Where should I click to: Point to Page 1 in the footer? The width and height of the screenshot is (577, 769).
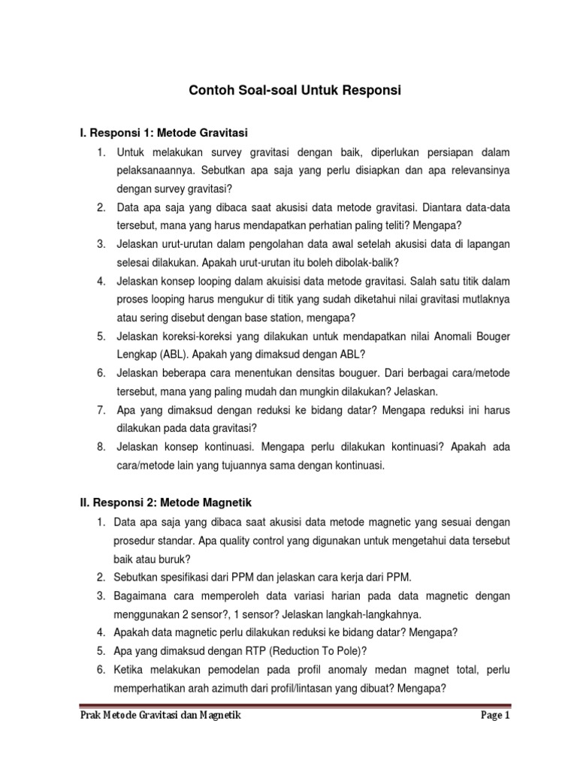click(x=495, y=716)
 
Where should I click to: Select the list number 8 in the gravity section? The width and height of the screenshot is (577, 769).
click(x=100, y=447)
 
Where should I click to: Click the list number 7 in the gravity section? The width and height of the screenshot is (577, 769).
click(x=100, y=409)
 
